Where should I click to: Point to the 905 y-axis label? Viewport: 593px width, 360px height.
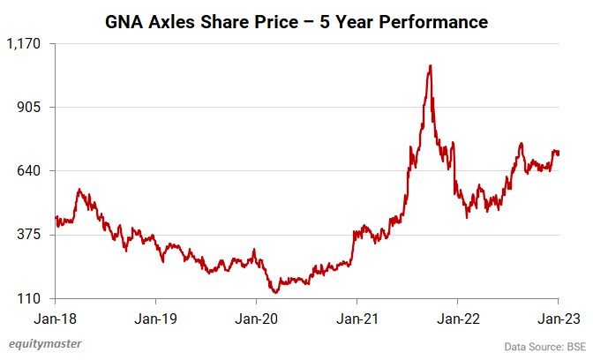(x=32, y=108)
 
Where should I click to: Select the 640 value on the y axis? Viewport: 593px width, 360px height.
(x=32, y=171)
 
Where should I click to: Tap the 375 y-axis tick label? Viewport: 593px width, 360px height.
(x=32, y=235)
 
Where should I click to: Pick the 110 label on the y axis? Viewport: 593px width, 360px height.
(x=32, y=299)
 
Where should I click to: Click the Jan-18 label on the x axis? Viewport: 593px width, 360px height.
(x=55, y=317)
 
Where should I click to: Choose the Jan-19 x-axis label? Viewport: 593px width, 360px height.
(x=156, y=317)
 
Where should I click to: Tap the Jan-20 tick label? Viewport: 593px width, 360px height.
(x=256, y=317)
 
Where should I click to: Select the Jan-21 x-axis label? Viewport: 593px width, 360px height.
(x=357, y=317)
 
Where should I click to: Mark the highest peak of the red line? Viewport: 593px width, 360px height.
(x=430, y=65)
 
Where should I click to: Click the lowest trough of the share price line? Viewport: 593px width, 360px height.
(x=276, y=292)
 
